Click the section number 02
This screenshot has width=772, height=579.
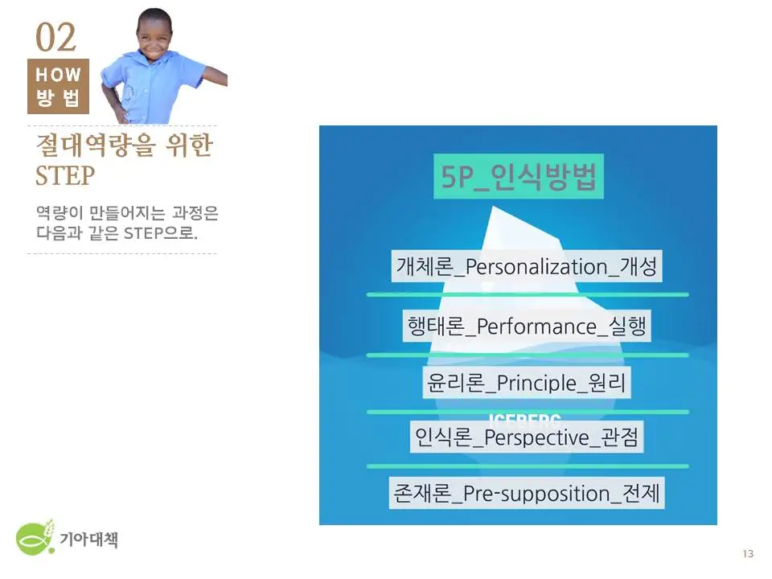pos(55,38)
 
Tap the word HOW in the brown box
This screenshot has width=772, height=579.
pos(58,75)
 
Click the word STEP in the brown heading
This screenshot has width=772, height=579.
pos(65,175)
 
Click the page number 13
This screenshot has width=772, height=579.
pos(748,553)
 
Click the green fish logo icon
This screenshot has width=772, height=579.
pos(36,537)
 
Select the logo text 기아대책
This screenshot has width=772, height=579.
pos(88,540)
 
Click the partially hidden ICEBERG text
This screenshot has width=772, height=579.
pos(524,417)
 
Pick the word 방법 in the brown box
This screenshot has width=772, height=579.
pos(58,99)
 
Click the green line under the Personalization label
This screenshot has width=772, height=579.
pos(528,294)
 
